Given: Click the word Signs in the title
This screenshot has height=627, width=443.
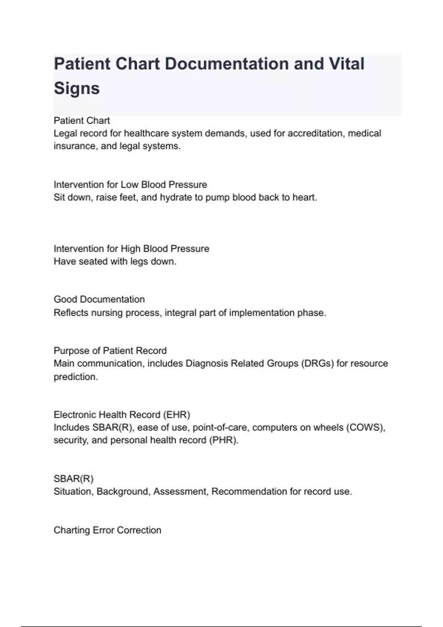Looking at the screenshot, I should pos(77,89).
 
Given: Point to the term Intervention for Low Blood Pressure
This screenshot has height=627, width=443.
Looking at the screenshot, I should pos(130,184).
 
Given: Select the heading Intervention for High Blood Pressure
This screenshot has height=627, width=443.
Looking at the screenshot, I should pos(131,249).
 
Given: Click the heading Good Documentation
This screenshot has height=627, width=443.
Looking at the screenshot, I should pos(99,299).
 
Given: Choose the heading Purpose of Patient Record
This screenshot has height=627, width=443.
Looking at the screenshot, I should pos(110,350).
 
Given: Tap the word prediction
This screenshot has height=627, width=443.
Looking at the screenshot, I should pos(76,377).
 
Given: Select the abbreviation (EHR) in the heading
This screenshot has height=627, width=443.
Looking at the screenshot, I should pos(176,415).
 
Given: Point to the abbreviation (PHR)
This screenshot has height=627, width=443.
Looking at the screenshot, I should pos(224,440).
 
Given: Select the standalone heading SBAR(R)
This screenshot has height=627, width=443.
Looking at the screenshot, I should pos(73,479).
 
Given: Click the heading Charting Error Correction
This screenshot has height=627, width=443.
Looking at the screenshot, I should pos(107,530).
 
